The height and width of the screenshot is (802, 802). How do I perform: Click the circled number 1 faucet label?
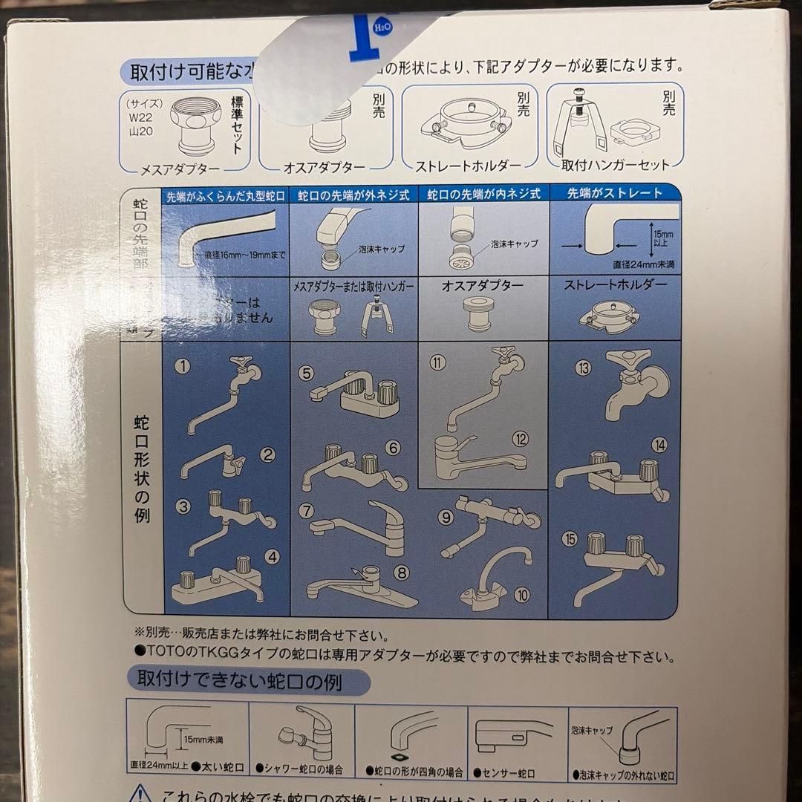(183, 366)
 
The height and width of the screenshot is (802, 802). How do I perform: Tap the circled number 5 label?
(307, 373)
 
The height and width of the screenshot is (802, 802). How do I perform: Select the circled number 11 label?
(438, 362)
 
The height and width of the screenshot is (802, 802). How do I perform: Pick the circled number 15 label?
(570, 539)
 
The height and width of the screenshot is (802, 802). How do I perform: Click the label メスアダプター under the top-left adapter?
(181, 168)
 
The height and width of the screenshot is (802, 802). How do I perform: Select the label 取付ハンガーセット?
(616, 165)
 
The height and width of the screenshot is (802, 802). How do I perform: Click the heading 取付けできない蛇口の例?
(235, 679)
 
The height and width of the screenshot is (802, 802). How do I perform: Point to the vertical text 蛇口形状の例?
(142, 469)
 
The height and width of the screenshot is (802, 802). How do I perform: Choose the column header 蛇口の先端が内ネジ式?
(483, 195)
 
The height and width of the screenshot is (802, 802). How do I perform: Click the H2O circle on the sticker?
(382, 27)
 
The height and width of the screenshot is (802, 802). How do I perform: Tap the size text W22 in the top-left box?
(139, 117)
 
